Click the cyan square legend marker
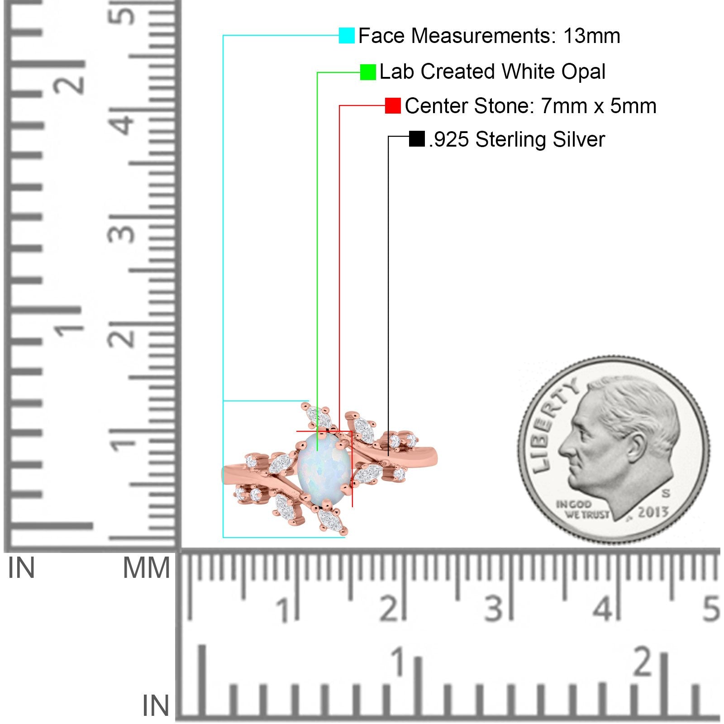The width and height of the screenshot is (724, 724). click(347, 35)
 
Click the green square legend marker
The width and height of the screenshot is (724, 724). click(368, 72)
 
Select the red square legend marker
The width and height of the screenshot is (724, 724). click(393, 106)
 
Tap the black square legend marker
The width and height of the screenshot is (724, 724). click(417, 139)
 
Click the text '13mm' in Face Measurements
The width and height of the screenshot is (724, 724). click(591, 36)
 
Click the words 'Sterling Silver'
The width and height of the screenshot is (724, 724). click(540, 139)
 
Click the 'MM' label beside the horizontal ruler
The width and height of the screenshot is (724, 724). click(147, 568)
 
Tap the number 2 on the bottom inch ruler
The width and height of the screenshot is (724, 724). click(643, 663)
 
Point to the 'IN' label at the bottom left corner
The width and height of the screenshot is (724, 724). click(156, 705)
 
